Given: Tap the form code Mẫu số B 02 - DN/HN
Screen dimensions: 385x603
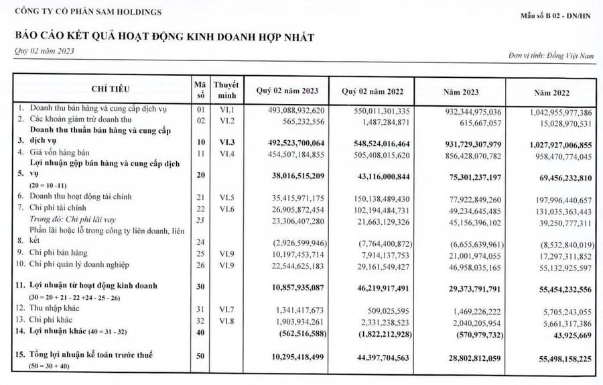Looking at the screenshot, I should (x=555, y=14).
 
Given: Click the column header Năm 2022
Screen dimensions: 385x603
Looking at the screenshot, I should (x=551, y=91).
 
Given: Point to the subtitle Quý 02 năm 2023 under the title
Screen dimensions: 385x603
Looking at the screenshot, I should (x=44, y=52).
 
